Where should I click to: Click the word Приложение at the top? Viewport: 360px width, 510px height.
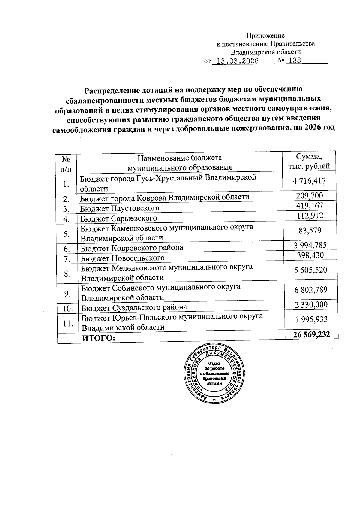coord(265,36)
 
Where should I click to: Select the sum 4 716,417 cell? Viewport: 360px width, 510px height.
coord(309,181)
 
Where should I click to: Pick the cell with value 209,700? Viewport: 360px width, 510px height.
coord(310,196)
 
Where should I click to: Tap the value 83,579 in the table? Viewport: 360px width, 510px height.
coord(310,231)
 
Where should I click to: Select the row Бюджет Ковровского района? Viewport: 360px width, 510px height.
coord(132,248)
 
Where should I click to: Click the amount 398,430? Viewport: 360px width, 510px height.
coord(310,255)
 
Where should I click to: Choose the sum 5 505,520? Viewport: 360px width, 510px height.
coord(310,270)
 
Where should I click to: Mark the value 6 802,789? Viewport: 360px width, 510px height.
coord(311,290)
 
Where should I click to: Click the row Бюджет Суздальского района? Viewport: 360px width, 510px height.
coord(134,307)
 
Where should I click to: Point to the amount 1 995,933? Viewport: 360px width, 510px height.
coord(311,319)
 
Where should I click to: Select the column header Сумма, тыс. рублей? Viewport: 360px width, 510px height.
coord(309,161)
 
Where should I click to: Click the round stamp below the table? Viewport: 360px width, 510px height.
coord(214,374)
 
